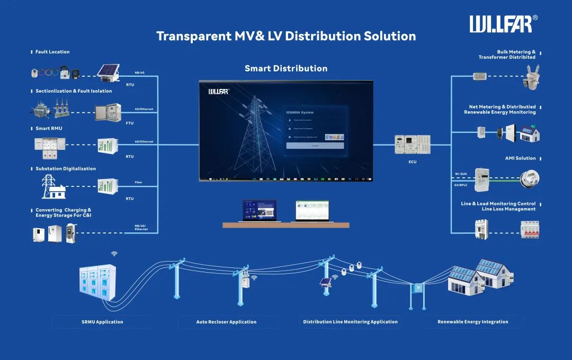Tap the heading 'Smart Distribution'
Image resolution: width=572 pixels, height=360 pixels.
(286, 68)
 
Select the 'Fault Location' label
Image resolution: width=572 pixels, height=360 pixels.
(52, 52)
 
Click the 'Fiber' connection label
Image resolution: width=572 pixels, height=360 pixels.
(138, 183)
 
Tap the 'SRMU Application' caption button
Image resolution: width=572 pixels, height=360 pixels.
(102, 322)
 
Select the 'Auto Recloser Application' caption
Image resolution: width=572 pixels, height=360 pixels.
(226, 322)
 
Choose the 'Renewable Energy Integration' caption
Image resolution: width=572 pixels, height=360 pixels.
(472, 322)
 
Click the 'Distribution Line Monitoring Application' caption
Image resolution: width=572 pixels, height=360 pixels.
(350, 322)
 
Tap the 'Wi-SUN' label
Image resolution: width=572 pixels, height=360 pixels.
(461, 174)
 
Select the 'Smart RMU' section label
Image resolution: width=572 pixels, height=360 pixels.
(50, 129)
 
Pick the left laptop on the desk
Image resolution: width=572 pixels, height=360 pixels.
(259, 210)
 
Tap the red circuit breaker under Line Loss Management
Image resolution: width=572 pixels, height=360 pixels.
(530, 229)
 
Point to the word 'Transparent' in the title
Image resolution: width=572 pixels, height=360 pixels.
(192, 36)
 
